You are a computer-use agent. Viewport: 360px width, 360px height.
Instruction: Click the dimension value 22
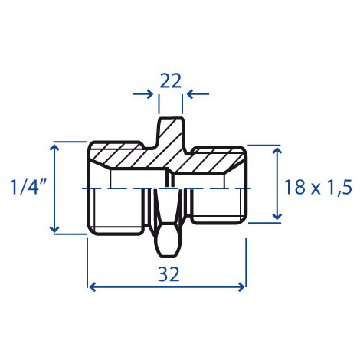[170, 80]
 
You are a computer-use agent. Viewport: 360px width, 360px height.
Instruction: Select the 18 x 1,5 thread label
[318, 187]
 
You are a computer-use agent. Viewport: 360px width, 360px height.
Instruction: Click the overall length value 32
[169, 274]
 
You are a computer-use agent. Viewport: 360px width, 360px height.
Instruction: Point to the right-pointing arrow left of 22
[143, 94]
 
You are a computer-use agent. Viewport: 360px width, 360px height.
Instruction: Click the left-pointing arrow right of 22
[198, 94]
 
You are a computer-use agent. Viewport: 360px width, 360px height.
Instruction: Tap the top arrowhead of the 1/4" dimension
[54, 147]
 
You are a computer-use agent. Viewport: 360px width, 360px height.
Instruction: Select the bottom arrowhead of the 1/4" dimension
[54, 229]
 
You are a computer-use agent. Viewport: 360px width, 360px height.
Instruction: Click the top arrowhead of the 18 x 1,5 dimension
[277, 151]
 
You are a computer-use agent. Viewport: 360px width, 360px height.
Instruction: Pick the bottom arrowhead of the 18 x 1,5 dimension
[277, 216]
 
